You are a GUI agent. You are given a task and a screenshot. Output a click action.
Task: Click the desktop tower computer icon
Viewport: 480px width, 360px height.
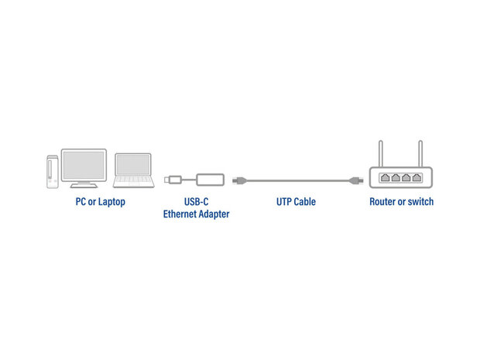[x=53, y=172]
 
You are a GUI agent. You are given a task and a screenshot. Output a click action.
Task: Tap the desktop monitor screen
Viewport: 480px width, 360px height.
[x=84, y=166]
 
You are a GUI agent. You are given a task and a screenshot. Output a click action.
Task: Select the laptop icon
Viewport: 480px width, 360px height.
[x=133, y=170]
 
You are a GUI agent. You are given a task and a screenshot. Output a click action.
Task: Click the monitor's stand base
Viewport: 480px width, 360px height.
[x=84, y=185]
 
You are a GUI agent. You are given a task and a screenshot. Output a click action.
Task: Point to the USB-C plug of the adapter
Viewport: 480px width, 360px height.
[x=173, y=180]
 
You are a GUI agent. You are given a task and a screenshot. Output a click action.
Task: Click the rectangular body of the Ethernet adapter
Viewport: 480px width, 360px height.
[x=210, y=180]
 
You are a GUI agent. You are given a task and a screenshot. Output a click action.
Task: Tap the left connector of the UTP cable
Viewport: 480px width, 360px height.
[x=239, y=180]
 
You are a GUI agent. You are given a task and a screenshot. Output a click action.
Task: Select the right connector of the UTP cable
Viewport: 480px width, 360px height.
[x=356, y=180]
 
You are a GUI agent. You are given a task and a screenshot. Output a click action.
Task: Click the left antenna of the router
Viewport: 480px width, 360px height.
[x=380, y=154]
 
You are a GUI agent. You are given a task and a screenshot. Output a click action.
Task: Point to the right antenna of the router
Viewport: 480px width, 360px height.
[x=420, y=154]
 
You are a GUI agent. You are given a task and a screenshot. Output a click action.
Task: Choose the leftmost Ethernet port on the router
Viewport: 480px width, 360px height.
[x=385, y=177]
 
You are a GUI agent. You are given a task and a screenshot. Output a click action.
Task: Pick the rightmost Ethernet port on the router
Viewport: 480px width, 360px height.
[x=417, y=177]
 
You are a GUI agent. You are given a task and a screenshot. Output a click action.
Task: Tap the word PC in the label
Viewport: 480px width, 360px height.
[x=81, y=202]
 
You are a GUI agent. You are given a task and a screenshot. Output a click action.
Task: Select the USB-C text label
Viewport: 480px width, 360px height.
[x=196, y=202]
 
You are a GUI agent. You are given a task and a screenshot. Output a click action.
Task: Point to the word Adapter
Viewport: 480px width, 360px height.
[x=214, y=214]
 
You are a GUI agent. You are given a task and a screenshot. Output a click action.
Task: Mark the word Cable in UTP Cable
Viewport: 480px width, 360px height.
[x=304, y=202]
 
